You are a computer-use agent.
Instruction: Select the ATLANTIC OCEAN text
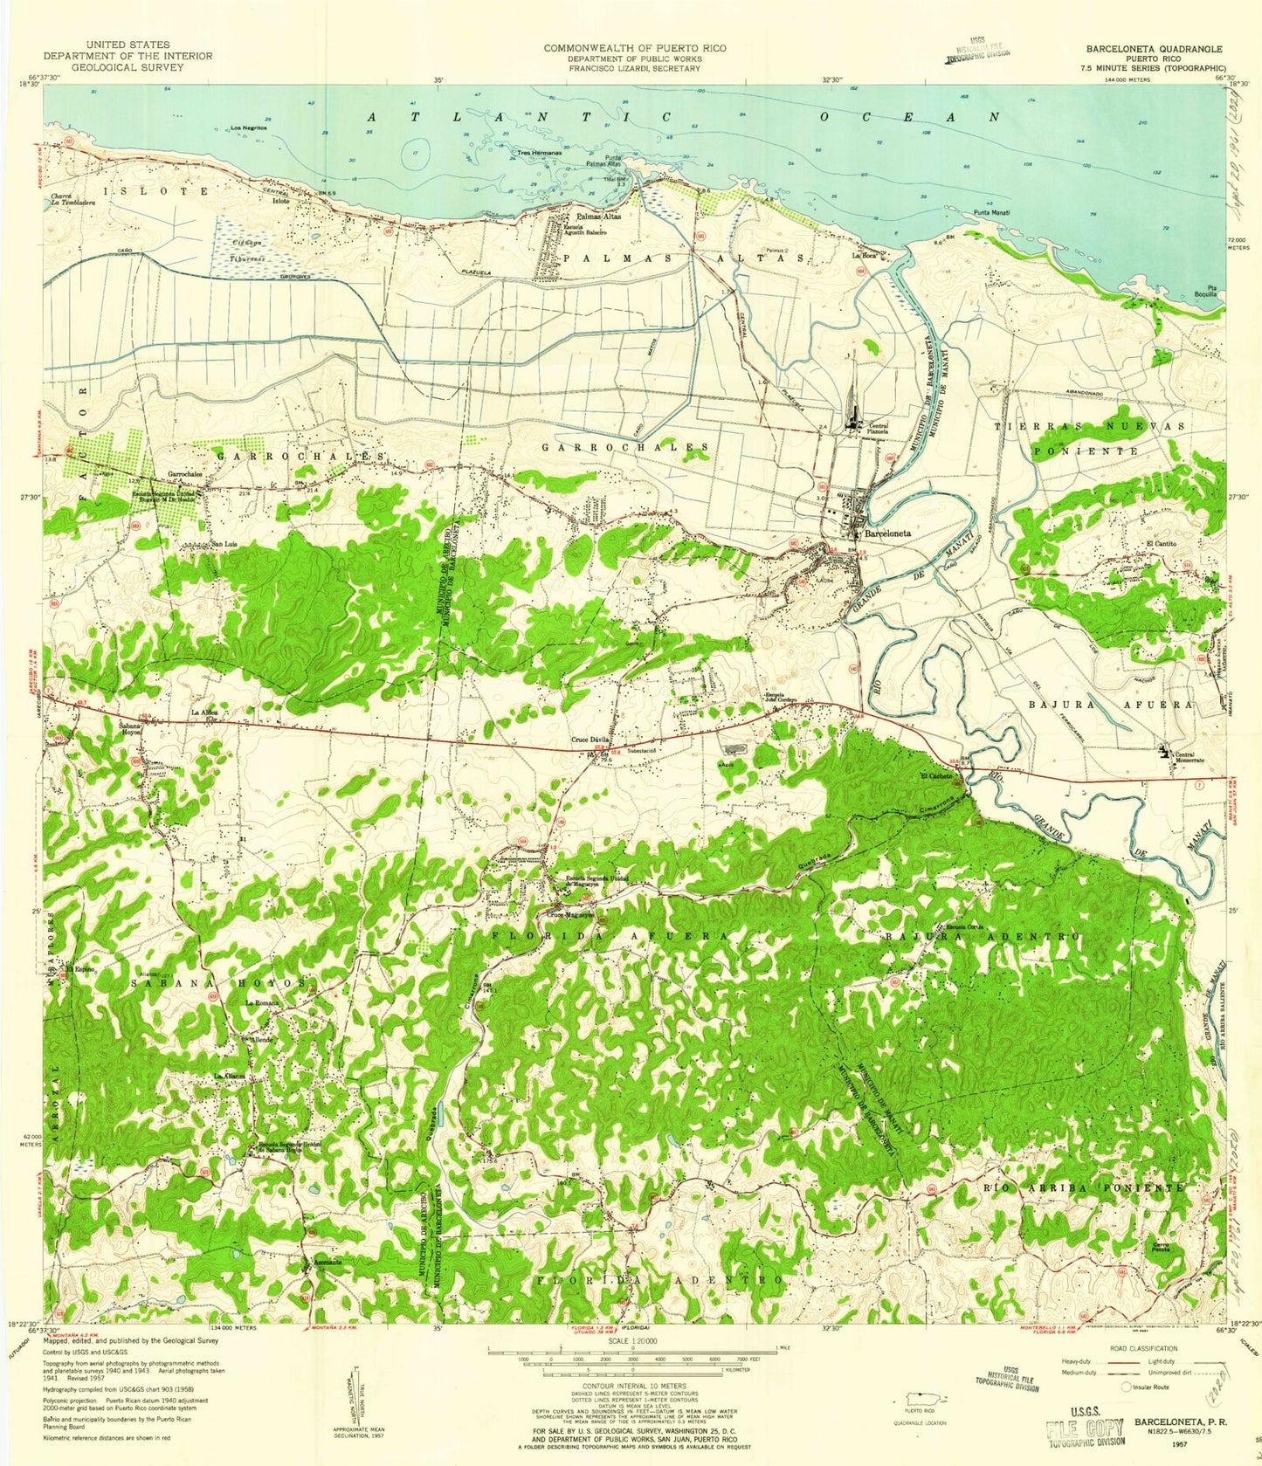pos(681,116)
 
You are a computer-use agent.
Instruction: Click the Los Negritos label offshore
pos(248,128)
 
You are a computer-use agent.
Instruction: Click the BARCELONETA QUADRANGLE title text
pos(1154,49)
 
